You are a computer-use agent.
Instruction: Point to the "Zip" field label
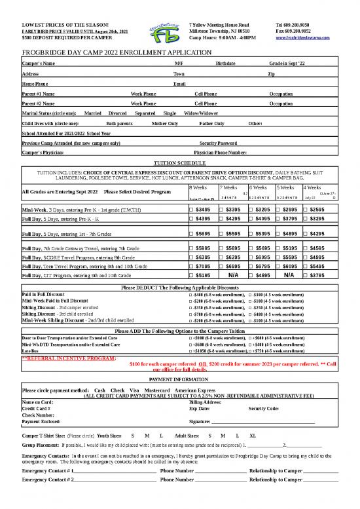pos(272,74)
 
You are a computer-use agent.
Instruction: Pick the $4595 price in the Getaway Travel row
pos(316,248)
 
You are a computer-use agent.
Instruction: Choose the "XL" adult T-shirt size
pos(253,435)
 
